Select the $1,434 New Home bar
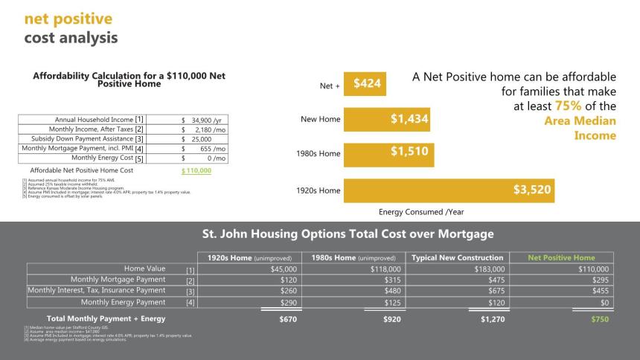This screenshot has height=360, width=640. (x=387, y=119)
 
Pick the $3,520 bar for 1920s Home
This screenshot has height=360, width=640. (x=449, y=190)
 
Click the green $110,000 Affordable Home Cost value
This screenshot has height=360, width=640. (x=196, y=170)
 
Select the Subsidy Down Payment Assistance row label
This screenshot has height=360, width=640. (x=87, y=138)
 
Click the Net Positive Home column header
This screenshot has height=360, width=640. (x=561, y=257)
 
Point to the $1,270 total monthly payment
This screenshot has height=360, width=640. (x=493, y=319)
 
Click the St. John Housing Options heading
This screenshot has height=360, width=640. (x=348, y=234)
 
